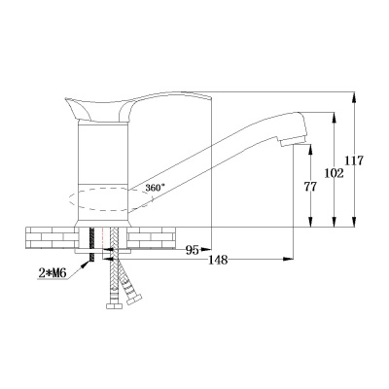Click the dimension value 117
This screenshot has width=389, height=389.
(354, 160)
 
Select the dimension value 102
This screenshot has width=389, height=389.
(334, 173)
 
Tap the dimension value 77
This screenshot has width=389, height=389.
(310, 187)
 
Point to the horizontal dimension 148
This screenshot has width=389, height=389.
(218, 260)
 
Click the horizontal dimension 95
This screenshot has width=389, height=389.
(192, 250)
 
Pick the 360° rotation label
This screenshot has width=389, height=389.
(155, 188)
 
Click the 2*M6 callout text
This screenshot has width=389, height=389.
(53, 273)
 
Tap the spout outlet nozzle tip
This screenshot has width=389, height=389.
(293, 141)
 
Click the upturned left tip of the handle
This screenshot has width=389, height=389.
(67, 99)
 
